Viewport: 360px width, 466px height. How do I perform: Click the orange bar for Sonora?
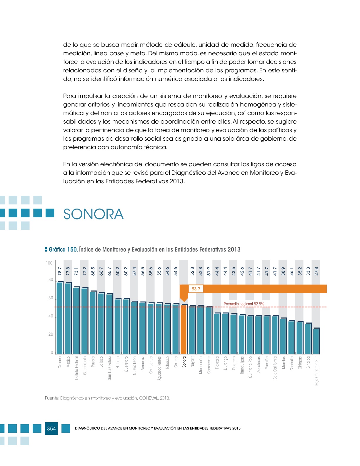[184, 329]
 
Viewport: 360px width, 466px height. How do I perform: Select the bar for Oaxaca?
[60, 318]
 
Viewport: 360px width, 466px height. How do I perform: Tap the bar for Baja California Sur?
[316, 341]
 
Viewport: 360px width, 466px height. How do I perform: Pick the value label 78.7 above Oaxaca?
[60, 271]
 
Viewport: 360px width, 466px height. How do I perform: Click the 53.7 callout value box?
[196, 289]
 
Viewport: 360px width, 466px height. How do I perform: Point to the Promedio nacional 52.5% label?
[244, 304]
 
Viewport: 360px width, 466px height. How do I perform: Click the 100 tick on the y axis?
[49, 263]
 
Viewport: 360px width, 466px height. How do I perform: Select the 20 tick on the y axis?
[51, 334]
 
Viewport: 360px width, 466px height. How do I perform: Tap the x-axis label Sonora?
[184, 362]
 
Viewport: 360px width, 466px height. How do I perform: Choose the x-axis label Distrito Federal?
[76, 368]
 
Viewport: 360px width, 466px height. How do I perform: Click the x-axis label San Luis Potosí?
[109, 368]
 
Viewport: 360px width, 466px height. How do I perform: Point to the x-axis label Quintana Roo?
[250, 367]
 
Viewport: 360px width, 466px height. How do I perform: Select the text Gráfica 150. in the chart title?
[63, 249]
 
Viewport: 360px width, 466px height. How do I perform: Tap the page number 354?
[51, 428]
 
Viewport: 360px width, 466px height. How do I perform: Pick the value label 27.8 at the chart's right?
[316, 271]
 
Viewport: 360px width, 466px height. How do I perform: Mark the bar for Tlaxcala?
[217, 334]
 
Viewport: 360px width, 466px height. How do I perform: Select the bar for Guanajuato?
[85, 321]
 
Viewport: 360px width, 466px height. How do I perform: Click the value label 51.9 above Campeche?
[209, 271]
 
